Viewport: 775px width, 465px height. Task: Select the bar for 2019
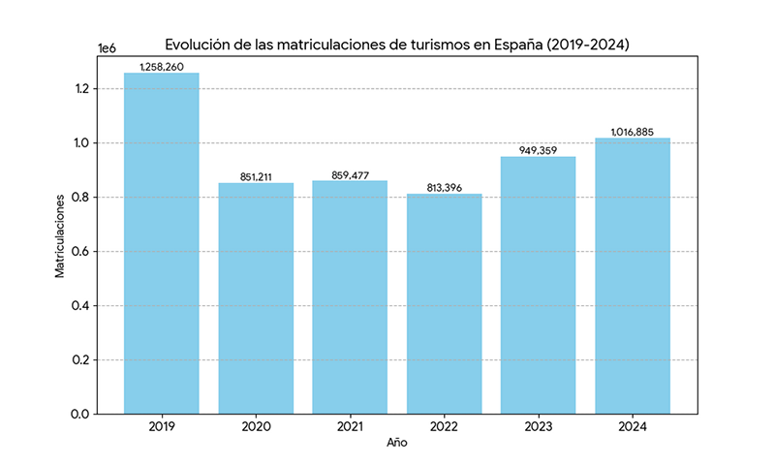(161, 243)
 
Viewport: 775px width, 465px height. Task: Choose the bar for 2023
(539, 285)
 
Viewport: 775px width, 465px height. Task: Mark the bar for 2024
(633, 276)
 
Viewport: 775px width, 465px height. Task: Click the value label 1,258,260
(161, 67)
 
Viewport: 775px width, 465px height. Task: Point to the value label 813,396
(444, 188)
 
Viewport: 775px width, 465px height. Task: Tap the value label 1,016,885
(633, 132)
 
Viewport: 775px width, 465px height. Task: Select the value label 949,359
(539, 150)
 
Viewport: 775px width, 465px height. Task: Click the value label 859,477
(350, 174)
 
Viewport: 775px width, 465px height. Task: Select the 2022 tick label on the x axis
(444, 427)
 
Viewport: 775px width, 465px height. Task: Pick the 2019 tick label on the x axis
(161, 427)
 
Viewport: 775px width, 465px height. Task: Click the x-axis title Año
(397, 443)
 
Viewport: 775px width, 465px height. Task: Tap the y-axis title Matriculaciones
(60, 235)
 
